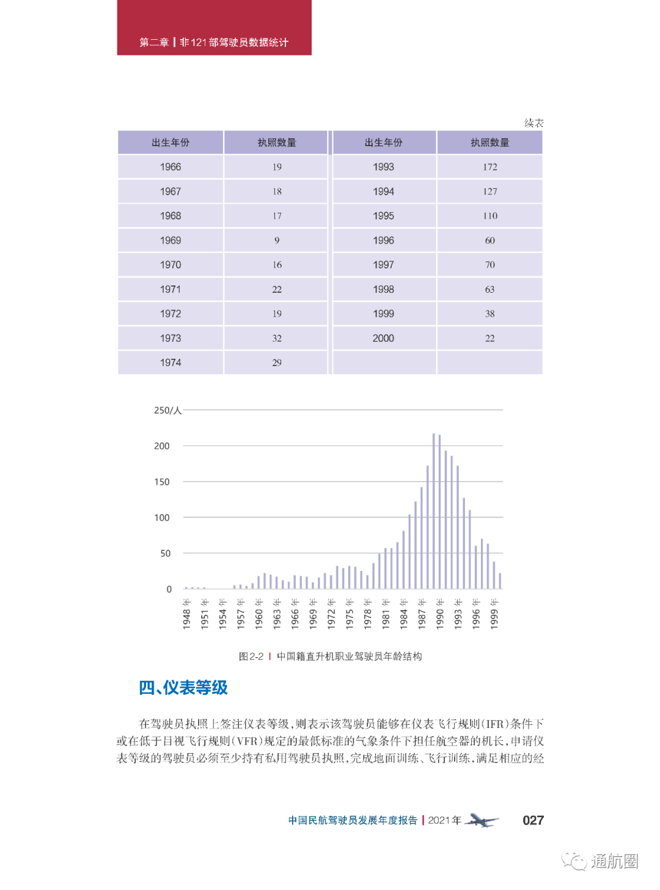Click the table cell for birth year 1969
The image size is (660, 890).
pos(170,240)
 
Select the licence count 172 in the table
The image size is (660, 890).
pos(490,167)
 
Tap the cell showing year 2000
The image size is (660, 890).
pos(383,338)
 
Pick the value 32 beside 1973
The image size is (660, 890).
pos(277,338)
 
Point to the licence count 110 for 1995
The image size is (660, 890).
pos(490,216)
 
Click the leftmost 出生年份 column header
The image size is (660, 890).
pos(170,142)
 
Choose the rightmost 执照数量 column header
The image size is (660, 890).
pos(490,142)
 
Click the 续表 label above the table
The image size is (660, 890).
pos(533,123)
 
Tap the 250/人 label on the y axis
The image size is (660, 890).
pos(167,410)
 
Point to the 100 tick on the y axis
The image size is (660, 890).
pos(162,518)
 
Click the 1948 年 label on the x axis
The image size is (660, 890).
pos(187,614)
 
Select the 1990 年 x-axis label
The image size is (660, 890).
pos(440,614)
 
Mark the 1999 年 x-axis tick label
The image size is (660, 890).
pos(494,614)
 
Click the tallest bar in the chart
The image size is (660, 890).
pos(434,511)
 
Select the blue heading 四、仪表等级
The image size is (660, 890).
pos(183,688)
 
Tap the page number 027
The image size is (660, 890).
pos(533,820)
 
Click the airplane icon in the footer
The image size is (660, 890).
pos(482,820)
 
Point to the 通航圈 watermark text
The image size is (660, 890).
pos(614,861)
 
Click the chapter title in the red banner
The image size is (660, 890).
pos(214,42)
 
